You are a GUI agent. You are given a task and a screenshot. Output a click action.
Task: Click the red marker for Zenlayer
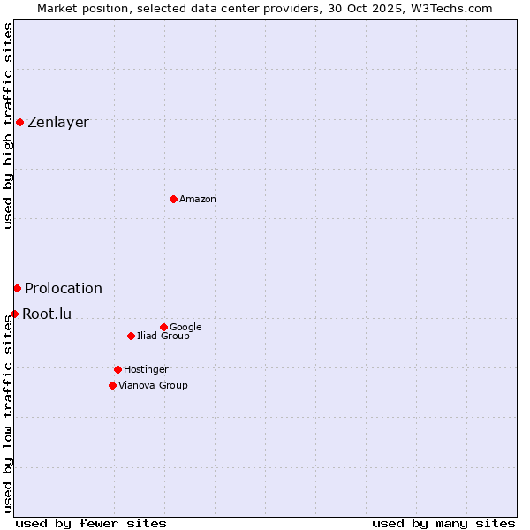(x=19, y=122)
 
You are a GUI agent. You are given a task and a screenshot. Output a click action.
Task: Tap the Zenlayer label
(x=58, y=123)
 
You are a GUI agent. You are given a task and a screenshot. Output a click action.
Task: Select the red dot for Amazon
(x=173, y=199)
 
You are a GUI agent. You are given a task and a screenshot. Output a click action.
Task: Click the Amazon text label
(x=198, y=200)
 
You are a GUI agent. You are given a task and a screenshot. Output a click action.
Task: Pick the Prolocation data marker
(x=17, y=288)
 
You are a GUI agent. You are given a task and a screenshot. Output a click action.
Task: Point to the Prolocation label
(x=64, y=289)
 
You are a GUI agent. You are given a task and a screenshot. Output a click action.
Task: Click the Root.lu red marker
(x=14, y=314)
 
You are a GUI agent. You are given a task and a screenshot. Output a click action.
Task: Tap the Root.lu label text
(x=47, y=314)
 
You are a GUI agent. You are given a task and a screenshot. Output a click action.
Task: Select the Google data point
(x=163, y=327)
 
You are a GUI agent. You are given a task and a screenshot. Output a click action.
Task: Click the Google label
(x=185, y=328)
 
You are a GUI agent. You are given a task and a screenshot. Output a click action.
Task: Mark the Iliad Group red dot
(x=131, y=336)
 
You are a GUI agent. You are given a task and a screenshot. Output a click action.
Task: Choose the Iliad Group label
(x=163, y=337)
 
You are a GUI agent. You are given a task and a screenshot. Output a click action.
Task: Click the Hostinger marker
(x=117, y=369)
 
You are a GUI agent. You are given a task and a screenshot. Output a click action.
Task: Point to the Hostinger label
(x=146, y=370)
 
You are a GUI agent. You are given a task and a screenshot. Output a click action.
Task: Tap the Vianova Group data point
(x=112, y=385)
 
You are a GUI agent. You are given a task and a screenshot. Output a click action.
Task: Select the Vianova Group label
(x=153, y=386)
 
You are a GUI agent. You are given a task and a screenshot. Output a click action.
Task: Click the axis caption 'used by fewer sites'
(x=91, y=524)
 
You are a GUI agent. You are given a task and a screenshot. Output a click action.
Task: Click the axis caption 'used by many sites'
(x=443, y=524)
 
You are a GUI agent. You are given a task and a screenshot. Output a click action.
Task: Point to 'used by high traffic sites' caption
(x=9, y=125)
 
